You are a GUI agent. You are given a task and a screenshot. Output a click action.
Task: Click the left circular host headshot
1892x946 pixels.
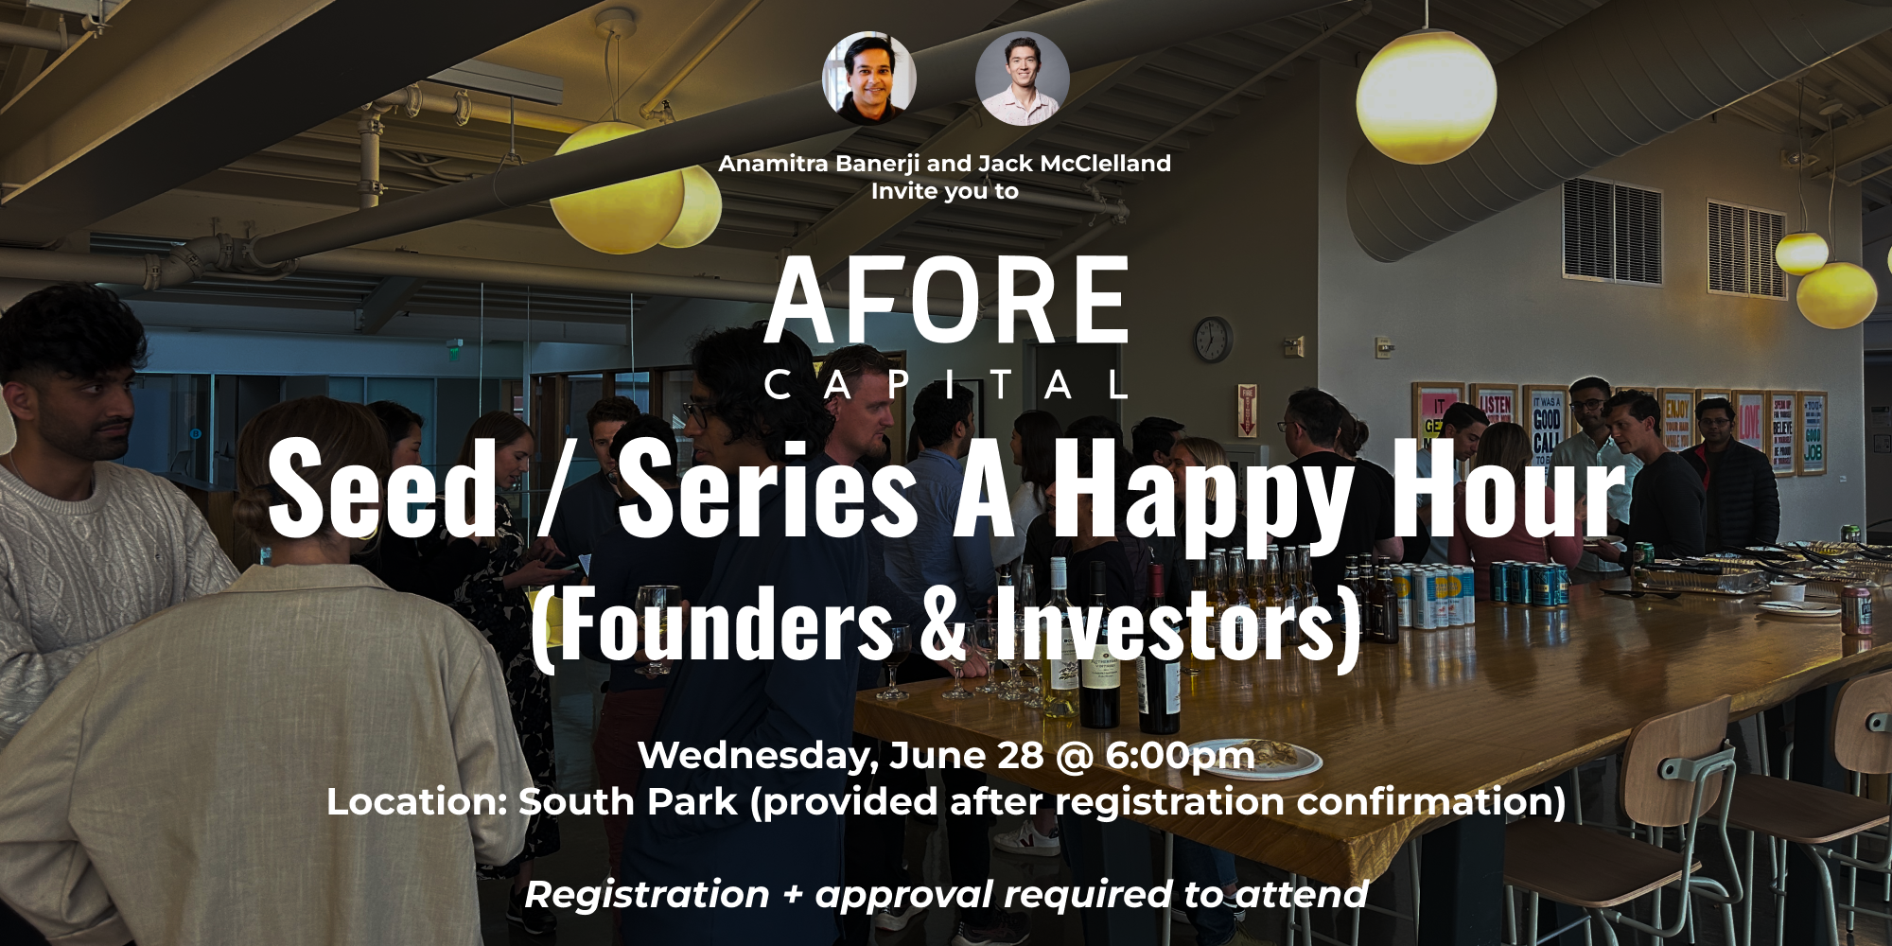click(x=869, y=79)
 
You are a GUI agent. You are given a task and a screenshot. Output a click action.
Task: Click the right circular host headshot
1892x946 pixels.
click(x=1023, y=79)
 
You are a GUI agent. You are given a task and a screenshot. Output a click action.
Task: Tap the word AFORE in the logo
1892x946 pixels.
click(x=946, y=301)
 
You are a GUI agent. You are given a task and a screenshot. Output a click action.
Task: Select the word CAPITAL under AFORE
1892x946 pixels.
click(x=946, y=385)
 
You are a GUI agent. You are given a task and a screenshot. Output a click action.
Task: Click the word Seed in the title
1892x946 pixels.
click(x=382, y=490)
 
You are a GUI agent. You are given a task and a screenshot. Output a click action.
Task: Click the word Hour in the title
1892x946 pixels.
click(x=1508, y=490)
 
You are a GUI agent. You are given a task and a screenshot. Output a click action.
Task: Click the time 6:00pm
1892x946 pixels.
click(x=1180, y=756)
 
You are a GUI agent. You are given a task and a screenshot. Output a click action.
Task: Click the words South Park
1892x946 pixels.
click(x=627, y=802)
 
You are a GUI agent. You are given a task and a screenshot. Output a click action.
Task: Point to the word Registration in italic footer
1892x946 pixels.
click(x=647, y=895)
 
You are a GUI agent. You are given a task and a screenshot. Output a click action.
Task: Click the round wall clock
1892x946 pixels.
click(x=1213, y=339)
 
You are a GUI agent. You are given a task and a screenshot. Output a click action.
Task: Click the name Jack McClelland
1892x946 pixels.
click(x=1075, y=164)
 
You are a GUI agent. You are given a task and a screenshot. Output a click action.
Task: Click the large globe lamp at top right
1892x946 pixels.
click(x=1426, y=95)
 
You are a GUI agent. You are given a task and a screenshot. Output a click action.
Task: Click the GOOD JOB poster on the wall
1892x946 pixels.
click(x=1812, y=432)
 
